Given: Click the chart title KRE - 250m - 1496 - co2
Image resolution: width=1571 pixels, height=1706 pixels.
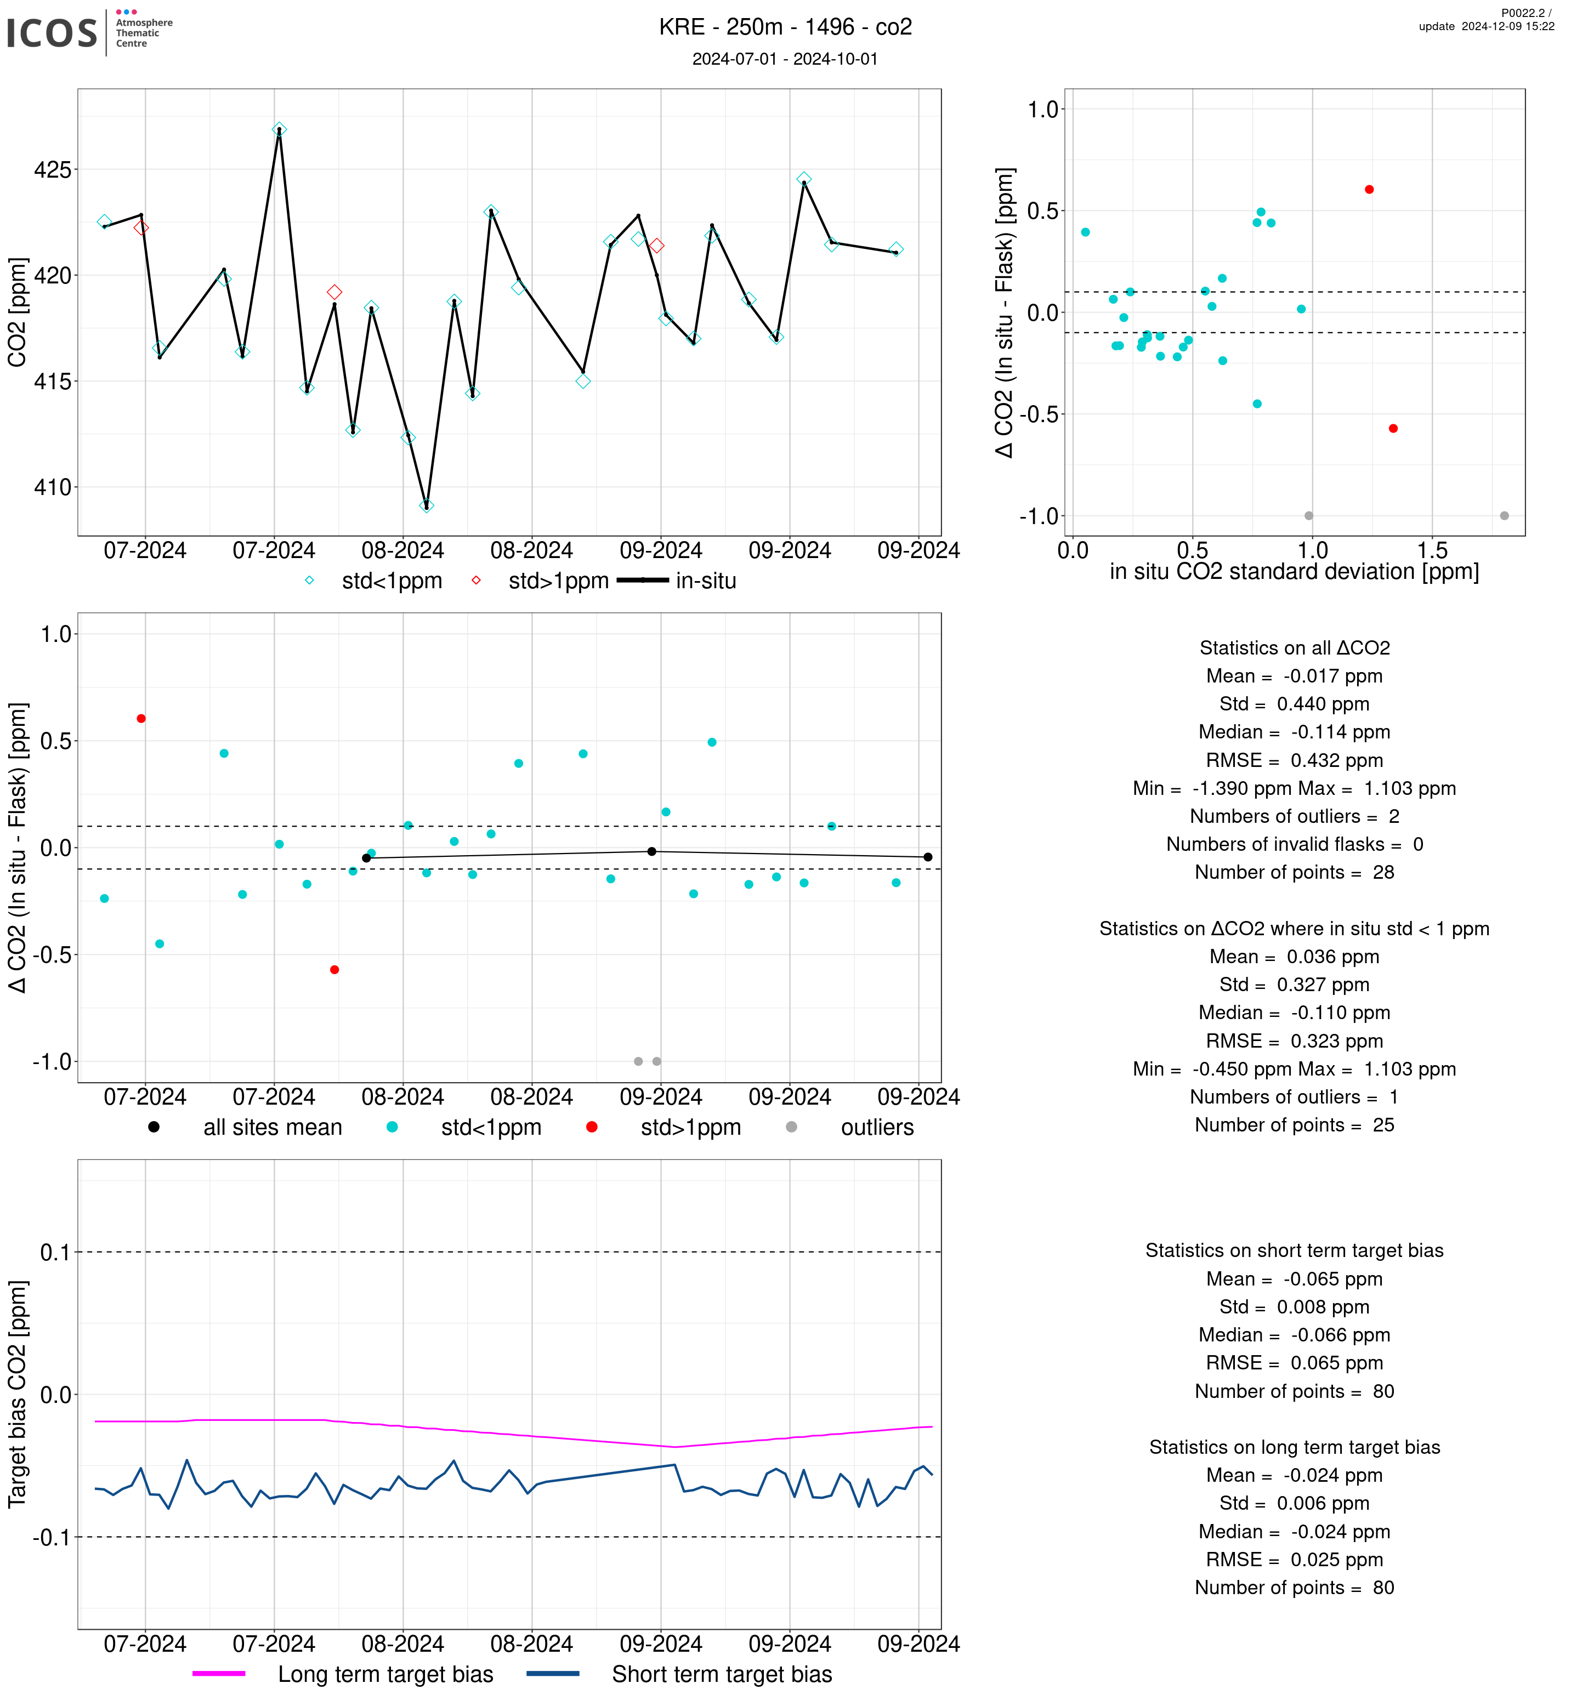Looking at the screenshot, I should click(x=785, y=27).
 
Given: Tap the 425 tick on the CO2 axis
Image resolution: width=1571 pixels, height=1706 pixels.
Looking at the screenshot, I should click(x=53, y=170).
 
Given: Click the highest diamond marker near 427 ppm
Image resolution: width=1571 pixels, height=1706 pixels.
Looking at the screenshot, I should click(x=280, y=130).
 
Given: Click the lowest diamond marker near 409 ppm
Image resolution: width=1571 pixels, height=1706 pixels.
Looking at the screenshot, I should click(x=427, y=506).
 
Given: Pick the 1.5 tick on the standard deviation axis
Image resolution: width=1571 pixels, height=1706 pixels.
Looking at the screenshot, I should click(x=1432, y=551).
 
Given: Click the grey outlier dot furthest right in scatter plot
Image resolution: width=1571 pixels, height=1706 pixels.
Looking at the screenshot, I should click(x=1504, y=516).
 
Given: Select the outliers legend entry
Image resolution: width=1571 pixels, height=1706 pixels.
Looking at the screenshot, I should click(x=876, y=1128).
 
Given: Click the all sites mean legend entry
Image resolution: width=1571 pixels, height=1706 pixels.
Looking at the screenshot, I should click(x=271, y=1128).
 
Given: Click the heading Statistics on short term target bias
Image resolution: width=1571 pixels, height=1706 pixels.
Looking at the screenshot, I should click(x=1294, y=1251).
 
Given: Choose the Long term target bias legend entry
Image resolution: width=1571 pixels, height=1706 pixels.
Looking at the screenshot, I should click(x=385, y=1675).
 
